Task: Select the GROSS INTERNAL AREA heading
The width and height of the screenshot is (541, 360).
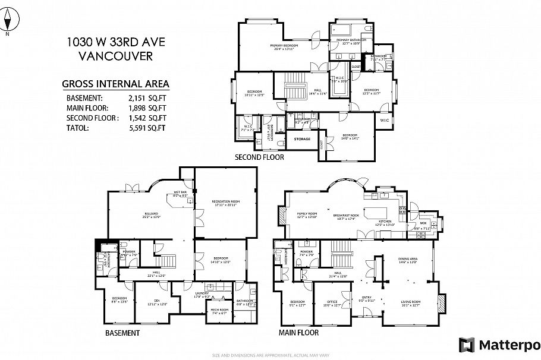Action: [115, 84]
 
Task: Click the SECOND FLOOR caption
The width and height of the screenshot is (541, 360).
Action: [259, 157]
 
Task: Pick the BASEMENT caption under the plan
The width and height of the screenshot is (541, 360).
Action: [122, 333]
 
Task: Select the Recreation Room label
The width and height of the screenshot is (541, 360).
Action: [225, 203]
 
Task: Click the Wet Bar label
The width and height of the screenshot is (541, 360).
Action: [180, 193]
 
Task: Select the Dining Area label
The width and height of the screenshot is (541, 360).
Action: [407, 260]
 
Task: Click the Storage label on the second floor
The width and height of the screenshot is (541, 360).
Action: [302, 139]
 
